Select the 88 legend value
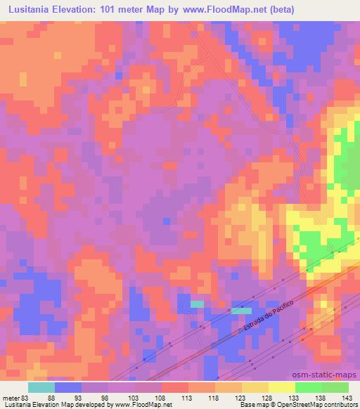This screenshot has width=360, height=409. tap(51, 397)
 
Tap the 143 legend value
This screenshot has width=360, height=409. tap(345, 397)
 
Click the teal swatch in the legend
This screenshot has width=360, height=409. tap(41, 387)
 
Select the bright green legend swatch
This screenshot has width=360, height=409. tap(308, 387)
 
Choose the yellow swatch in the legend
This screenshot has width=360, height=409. tap(281, 387)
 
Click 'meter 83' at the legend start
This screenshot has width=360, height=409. tap(15, 397)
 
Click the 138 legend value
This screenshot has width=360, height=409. tap(318, 397)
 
